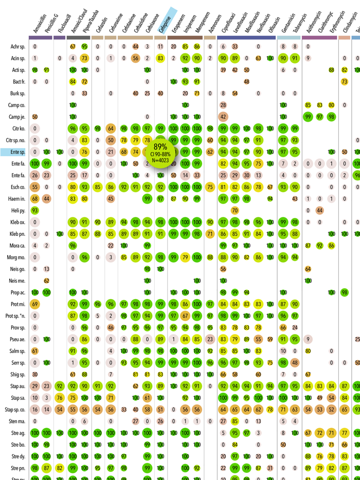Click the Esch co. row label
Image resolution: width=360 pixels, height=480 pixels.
coord(18,187)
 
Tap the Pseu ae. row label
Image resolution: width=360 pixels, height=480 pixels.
coord(18,339)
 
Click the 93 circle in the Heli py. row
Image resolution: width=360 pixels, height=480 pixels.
coord(34,210)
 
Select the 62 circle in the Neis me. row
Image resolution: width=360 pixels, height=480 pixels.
coord(46,280)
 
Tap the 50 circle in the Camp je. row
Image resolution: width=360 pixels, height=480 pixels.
coord(34,117)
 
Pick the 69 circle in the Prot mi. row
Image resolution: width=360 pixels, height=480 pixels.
coord(34,304)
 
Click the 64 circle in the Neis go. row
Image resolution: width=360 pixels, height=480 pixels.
coord(308,268)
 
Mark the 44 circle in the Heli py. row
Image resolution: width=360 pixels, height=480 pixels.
coord(319,210)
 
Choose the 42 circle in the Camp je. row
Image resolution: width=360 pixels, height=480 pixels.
coord(223,117)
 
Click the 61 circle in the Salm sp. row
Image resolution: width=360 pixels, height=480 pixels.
coord(34,350)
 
